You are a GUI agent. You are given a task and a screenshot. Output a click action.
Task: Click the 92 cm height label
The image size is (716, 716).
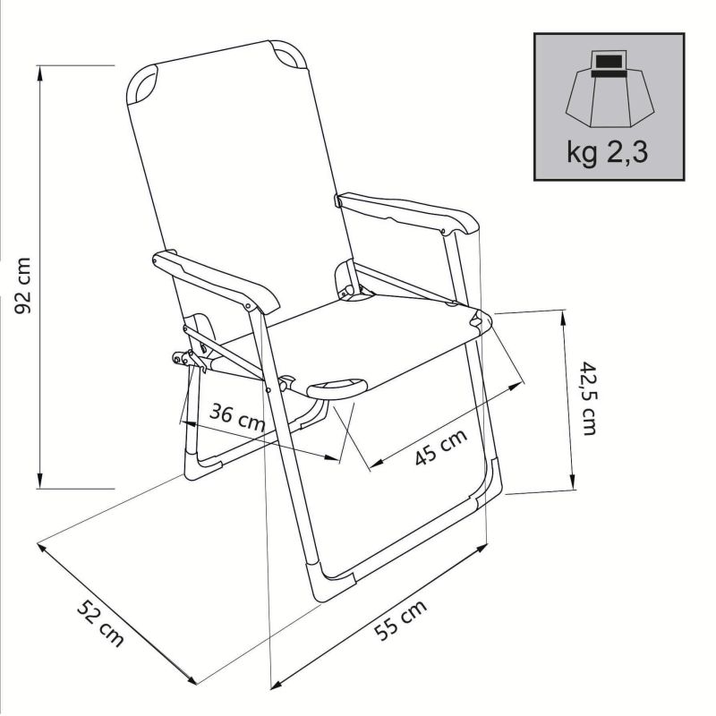tap(24, 286)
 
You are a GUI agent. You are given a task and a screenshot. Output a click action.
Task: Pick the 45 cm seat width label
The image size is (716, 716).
tap(441, 445)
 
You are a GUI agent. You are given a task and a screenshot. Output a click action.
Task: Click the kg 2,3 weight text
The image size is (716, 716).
tap(607, 149)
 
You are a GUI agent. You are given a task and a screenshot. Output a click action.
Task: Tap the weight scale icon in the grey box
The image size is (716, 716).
tap(608, 89)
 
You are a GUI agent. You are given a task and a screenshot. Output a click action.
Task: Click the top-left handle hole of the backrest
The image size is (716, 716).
tap(142, 87)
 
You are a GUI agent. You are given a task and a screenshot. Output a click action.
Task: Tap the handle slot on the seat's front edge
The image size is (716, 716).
tap(337, 388)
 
